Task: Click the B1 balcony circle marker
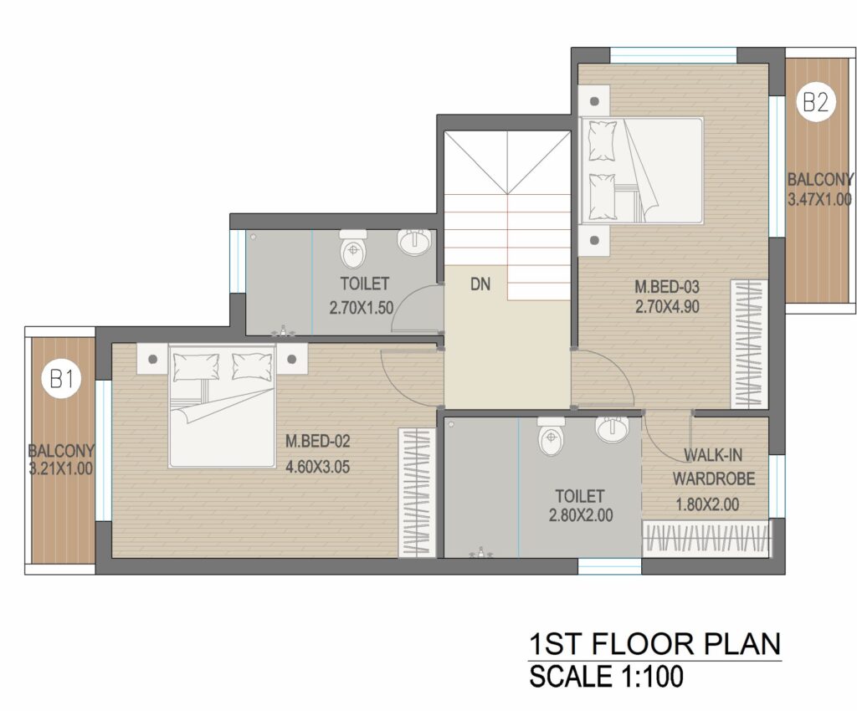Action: pos(61,378)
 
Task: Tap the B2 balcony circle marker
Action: pos(815,102)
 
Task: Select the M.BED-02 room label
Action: pos(317,441)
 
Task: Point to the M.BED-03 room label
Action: pos(667,287)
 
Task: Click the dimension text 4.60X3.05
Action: pos(317,467)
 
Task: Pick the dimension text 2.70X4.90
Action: pos(667,307)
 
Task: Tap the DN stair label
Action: pos(480,284)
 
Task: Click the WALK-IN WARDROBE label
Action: pos(713,467)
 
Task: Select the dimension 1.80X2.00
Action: pos(708,504)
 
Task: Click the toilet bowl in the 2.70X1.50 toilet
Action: pos(354,248)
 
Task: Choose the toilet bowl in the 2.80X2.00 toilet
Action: pos(551,437)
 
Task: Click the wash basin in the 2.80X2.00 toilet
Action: pos(613,429)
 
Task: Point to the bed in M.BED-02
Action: pos(222,406)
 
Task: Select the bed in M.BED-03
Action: pos(641,171)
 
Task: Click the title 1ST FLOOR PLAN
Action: pos(654,643)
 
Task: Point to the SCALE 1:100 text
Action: pos(606,676)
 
